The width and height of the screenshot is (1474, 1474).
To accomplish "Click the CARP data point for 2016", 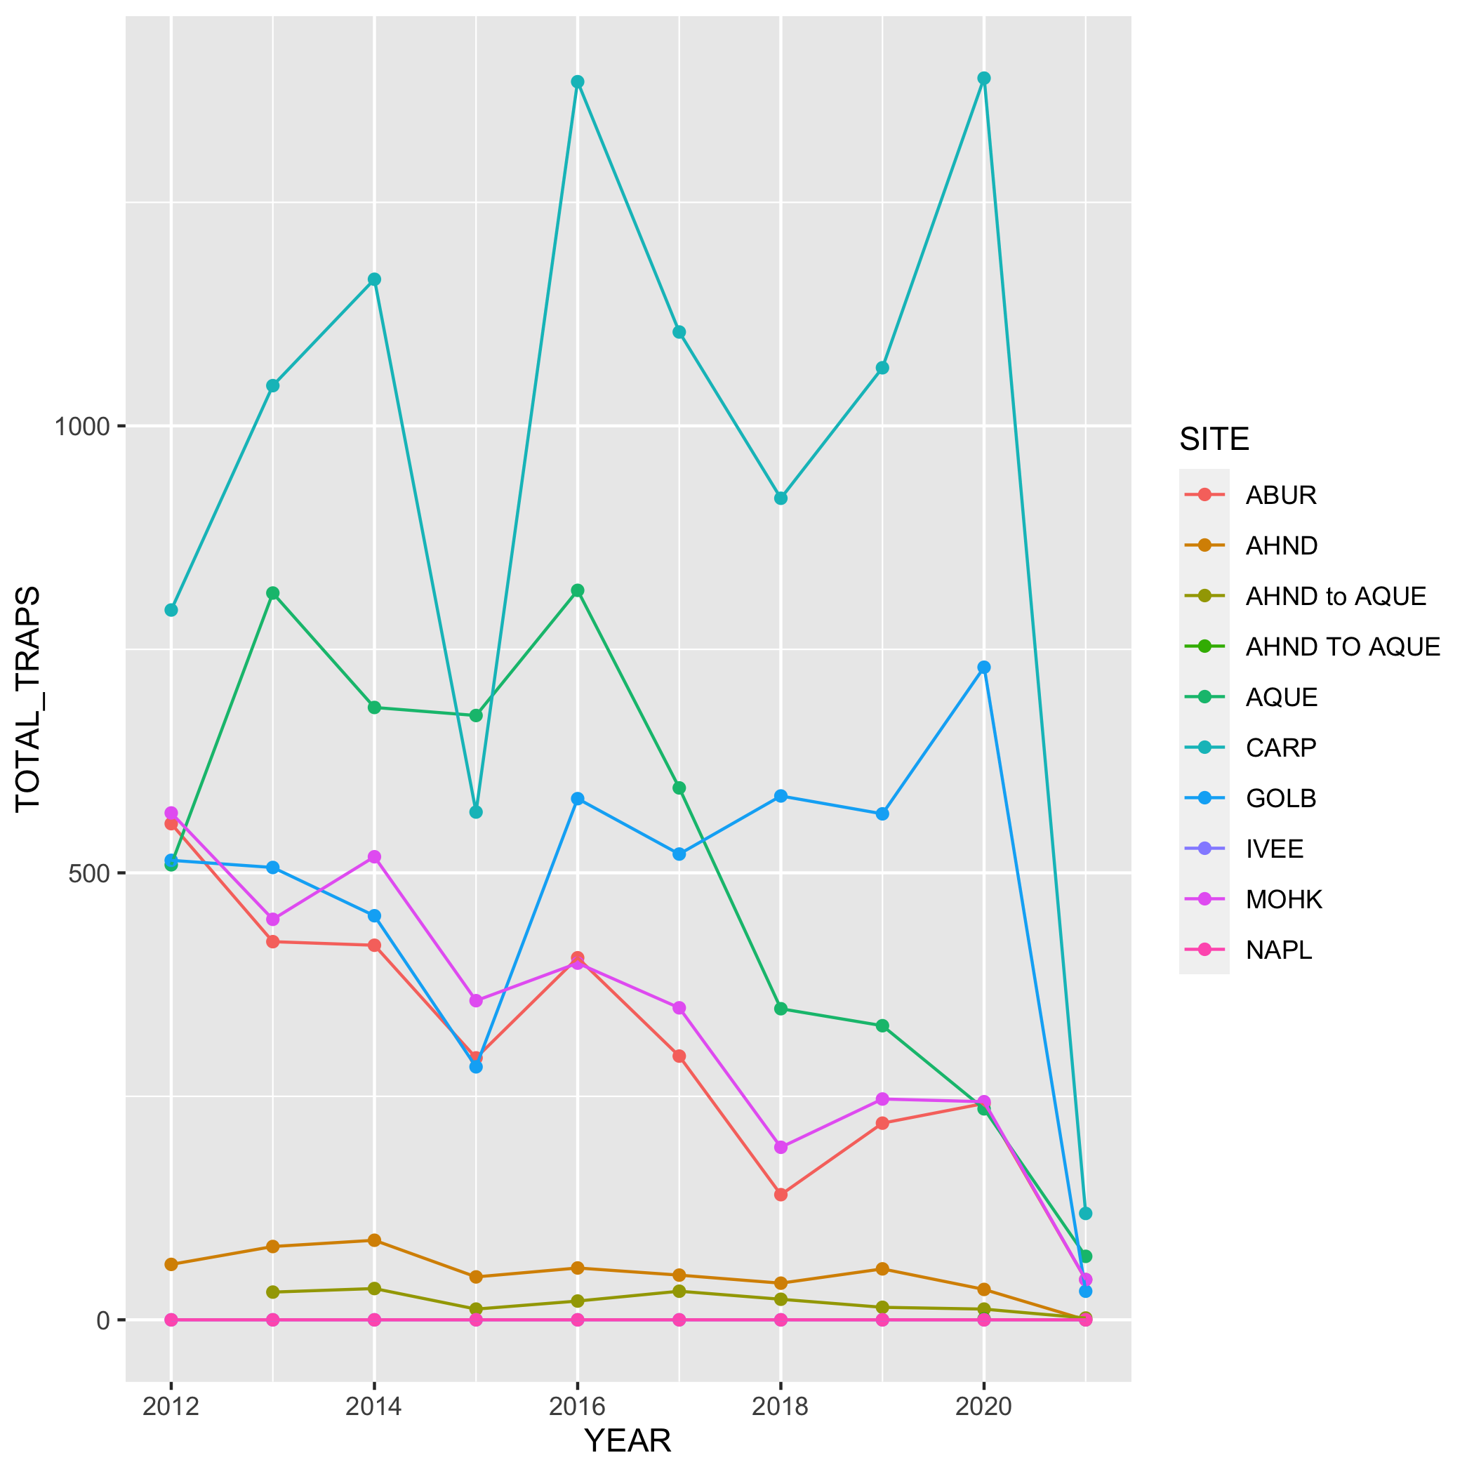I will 578,81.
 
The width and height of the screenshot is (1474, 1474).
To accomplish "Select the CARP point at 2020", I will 984,78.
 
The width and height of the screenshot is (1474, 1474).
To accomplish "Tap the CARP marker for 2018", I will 781,498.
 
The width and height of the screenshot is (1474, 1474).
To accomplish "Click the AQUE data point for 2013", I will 272,593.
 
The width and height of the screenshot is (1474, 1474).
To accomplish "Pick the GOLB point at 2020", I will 984,667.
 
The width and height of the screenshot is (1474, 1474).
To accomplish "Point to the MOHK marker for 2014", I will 374,857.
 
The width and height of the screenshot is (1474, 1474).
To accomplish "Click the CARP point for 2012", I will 171,609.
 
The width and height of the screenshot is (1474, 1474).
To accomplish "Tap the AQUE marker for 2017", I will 679,788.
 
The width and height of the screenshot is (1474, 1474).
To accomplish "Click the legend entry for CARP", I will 1281,748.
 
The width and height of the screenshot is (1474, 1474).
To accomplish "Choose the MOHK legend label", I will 1284,900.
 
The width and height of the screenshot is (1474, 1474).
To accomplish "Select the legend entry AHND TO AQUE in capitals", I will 1343,647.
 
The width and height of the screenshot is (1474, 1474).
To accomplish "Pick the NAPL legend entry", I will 1279,950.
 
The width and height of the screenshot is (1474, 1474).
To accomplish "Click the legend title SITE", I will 1214,439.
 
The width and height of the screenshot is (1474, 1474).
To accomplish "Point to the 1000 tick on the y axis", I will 81,427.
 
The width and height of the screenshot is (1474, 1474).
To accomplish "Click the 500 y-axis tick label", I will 89,874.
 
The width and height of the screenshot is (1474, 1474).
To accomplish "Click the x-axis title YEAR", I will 627,1440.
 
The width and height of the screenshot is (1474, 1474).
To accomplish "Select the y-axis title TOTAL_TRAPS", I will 28,699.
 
